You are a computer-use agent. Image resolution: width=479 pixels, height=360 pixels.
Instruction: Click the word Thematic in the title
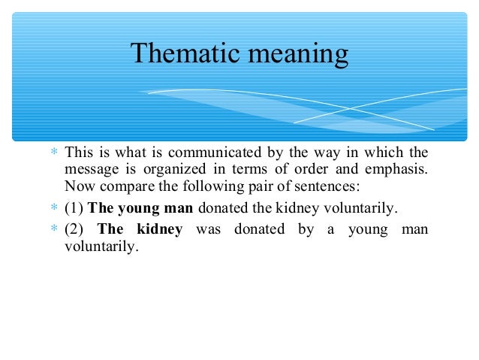(x=177, y=54)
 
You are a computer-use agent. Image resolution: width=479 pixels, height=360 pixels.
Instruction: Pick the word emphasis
(x=399, y=169)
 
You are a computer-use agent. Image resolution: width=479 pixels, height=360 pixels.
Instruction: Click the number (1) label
(x=74, y=208)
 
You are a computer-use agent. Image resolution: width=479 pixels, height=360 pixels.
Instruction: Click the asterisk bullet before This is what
(x=54, y=153)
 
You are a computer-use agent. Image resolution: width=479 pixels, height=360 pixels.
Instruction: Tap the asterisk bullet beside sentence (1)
(x=54, y=208)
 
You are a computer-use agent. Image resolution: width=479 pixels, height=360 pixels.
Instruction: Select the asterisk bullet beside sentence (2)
(x=54, y=229)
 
